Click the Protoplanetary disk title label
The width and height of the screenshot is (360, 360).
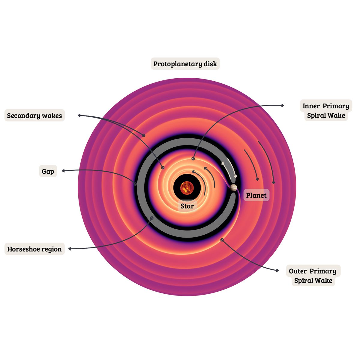[x=185, y=64]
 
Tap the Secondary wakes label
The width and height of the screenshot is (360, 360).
[x=34, y=115]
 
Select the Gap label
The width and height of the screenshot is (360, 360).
[x=48, y=171]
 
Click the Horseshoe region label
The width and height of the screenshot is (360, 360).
[x=34, y=249]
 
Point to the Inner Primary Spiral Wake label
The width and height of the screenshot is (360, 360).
[x=326, y=110]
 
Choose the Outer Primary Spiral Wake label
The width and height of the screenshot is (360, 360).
[x=313, y=276]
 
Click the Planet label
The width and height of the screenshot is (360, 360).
[x=256, y=196]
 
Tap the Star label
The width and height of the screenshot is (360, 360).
[x=187, y=206]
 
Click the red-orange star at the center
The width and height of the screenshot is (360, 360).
[x=187, y=188]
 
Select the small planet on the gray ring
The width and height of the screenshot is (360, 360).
[x=233, y=188]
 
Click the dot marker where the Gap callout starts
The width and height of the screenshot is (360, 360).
[x=135, y=184]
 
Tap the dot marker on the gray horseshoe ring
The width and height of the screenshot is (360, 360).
[x=152, y=218]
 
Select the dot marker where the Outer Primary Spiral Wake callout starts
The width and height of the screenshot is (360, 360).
[x=222, y=239]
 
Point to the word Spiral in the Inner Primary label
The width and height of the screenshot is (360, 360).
[x=317, y=115]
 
